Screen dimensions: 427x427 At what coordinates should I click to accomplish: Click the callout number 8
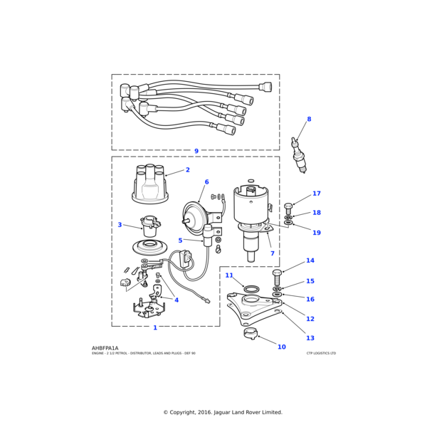tap(309, 120)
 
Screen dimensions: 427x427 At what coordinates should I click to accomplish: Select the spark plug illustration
tap(299, 155)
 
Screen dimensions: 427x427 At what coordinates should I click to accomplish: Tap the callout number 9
tap(196, 151)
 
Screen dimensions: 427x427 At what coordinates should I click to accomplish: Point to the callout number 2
tap(188, 170)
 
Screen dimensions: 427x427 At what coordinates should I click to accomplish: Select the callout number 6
tap(207, 182)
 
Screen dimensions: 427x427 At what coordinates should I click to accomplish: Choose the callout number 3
tap(120, 225)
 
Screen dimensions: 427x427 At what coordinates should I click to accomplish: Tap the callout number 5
tap(180, 241)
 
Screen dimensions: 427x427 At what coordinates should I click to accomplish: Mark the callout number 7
tap(272, 253)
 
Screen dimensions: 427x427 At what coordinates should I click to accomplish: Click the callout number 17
tap(317, 194)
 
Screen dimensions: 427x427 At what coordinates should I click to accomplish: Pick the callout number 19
tap(317, 233)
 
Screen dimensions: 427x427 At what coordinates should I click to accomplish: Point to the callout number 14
tap(310, 260)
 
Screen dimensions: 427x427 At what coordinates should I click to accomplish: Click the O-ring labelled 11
tap(251, 289)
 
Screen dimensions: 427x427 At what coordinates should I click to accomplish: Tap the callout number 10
tap(282, 347)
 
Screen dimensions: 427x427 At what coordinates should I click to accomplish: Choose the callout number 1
tap(155, 328)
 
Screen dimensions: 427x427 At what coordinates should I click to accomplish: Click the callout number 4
tap(176, 300)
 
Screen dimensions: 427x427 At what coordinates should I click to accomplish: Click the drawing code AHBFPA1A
tap(105, 348)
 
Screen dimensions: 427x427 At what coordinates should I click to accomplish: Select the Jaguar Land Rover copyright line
tap(223, 412)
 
